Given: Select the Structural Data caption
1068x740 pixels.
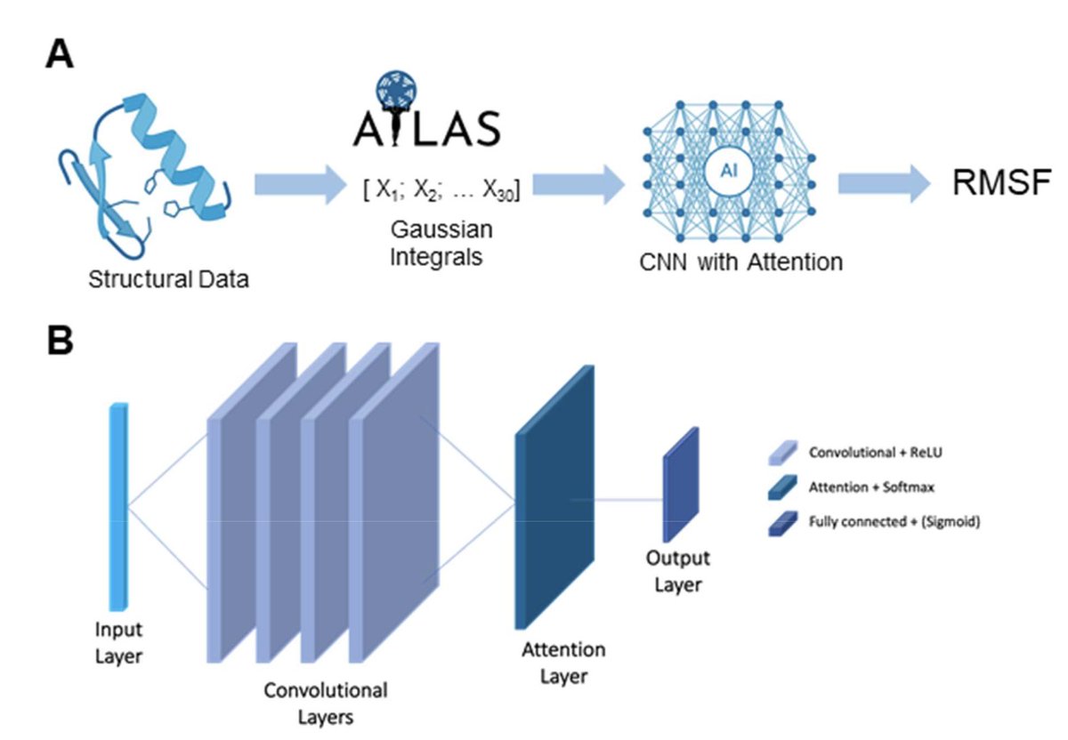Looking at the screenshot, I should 168,280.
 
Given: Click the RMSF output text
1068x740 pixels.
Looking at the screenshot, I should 1001,185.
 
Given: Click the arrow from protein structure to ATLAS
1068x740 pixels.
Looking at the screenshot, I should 299,184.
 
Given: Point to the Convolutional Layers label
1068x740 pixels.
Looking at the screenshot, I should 326,702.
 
